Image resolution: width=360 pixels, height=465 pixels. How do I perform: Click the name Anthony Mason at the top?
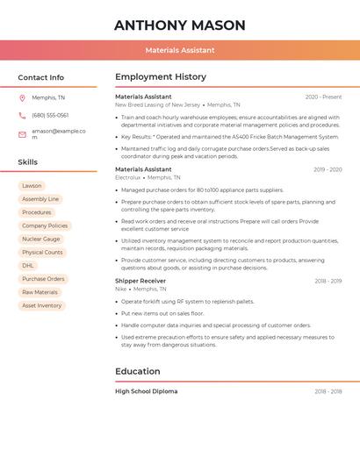click(x=179, y=25)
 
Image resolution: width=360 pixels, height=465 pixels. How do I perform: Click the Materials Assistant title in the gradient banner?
click(x=180, y=50)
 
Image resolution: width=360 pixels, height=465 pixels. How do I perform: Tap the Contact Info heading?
click(x=40, y=77)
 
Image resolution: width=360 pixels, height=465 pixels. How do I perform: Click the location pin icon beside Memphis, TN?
click(x=22, y=97)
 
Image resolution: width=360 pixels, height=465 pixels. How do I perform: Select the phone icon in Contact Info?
click(x=22, y=115)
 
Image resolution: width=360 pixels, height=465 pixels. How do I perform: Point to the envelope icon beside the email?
click(x=22, y=134)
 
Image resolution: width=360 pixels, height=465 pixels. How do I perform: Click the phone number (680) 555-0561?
click(x=50, y=115)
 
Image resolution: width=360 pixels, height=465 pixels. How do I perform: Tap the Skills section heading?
click(x=27, y=162)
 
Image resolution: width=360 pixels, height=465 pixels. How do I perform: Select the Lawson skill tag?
click(x=32, y=186)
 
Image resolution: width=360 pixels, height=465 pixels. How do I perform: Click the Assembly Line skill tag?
click(x=40, y=199)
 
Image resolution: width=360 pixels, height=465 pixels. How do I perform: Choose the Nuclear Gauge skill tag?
click(x=41, y=239)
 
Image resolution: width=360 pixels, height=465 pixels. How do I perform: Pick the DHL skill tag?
click(x=28, y=265)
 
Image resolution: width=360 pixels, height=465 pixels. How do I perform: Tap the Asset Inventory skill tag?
click(x=42, y=305)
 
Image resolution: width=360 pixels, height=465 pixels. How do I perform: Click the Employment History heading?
click(x=161, y=77)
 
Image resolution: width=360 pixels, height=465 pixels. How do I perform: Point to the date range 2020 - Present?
click(x=323, y=97)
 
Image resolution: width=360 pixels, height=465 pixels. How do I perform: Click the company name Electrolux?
click(x=127, y=177)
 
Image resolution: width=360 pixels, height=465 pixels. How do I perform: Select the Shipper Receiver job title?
click(x=140, y=281)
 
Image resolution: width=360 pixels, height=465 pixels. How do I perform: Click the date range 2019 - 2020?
click(x=327, y=169)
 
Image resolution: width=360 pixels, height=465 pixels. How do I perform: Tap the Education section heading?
click(x=138, y=371)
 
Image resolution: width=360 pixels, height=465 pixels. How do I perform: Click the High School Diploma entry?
click(x=146, y=391)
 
